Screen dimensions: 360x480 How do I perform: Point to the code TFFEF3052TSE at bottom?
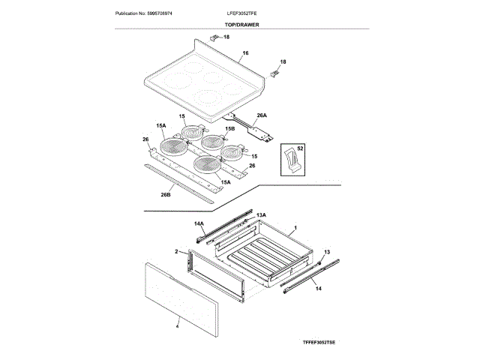click(x=318, y=341)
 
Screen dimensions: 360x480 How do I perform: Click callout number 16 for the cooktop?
click(x=245, y=54)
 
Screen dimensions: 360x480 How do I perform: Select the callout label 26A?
click(x=262, y=116)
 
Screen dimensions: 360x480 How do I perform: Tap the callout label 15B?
click(x=230, y=129)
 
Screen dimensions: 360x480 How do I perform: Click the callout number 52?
click(x=300, y=149)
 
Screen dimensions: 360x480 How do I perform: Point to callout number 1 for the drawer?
click(x=295, y=226)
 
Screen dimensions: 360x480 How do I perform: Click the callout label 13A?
click(x=262, y=215)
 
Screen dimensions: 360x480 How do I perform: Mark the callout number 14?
click(x=318, y=288)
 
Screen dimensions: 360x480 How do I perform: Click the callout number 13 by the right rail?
click(x=327, y=251)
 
